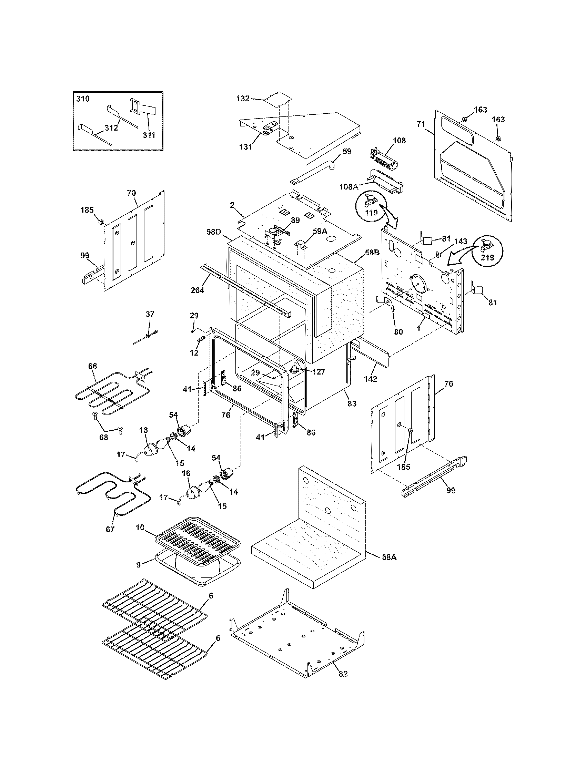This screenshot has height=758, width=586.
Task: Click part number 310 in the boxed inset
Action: click(83, 99)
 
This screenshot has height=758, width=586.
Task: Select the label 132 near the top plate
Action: click(243, 99)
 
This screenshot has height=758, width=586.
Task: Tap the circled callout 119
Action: click(372, 212)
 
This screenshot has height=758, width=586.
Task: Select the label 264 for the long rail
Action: click(197, 290)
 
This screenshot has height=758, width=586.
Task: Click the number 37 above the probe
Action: click(150, 314)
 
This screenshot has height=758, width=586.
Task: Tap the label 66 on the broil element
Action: click(92, 366)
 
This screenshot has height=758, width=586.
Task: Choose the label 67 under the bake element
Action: click(110, 530)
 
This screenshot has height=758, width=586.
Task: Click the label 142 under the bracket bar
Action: click(370, 379)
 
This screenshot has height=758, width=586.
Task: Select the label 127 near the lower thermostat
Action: click(319, 372)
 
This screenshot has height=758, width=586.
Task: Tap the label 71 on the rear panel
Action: click(421, 124)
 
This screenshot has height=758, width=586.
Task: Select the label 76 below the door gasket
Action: click(226, 415)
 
